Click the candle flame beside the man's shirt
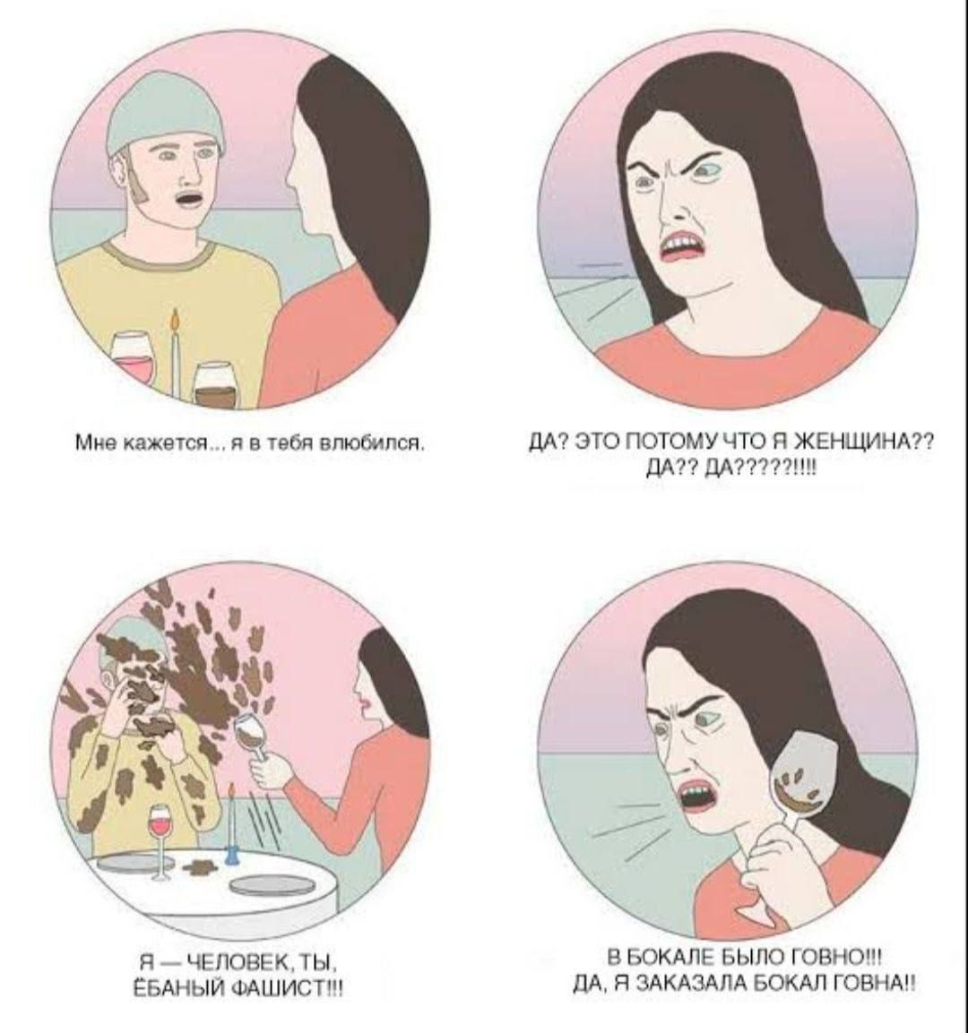tap(175, 321)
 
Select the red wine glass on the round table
tap(160, 842)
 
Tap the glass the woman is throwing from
tap(253, 736)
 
